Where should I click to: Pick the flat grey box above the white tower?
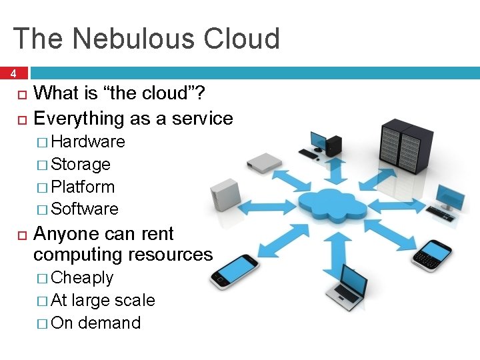[263, 161]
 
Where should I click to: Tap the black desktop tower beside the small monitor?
[334, 143]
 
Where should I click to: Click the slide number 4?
[13, 73]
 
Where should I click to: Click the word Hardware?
[88, 141]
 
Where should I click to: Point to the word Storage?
[81, 164]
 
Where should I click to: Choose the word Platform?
[83, 187]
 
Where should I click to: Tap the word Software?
[85, 209]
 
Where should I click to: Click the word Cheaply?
[82, 277]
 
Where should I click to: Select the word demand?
[109, 323]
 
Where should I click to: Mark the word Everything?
[79, 119]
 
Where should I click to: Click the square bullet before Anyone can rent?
[21, 235]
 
